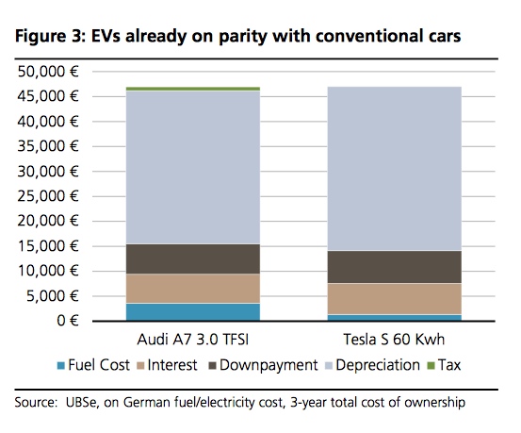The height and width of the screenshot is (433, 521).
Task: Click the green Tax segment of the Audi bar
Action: pyautogui.click(x=192, y=89)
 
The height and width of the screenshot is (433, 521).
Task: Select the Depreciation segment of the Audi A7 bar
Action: pyautogui.click(x=192, y=167)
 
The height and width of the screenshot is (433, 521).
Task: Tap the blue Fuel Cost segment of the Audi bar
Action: pyautogui.click(x=192, y=311)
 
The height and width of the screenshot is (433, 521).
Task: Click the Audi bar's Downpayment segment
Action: pyautogui.click(x=192, y=258)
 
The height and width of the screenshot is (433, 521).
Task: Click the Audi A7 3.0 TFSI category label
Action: pyautogui.click(x=192, y=339)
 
